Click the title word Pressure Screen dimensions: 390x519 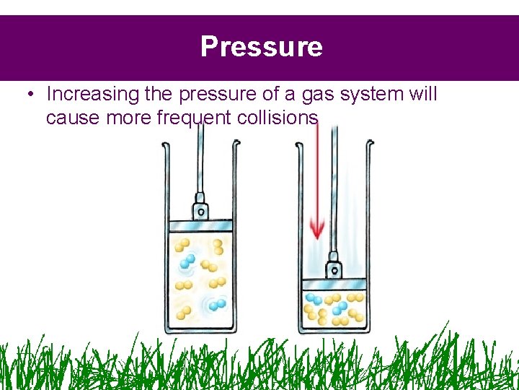tap(261, 47)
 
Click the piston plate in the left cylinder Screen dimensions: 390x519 tap(200, 225)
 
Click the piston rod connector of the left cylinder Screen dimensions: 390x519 tap(200, 209)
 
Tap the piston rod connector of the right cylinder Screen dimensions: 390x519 tap(334, 269)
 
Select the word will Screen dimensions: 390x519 tap(422, 94)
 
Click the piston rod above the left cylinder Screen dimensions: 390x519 tap(201, 166)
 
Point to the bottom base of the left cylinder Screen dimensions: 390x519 tap(200, 331)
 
